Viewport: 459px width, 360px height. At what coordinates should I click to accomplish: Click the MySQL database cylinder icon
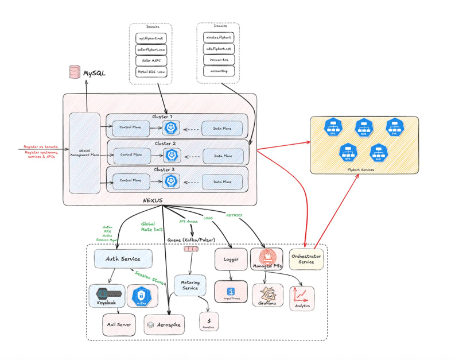point(74,72)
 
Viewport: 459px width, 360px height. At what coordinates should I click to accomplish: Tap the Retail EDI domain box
point(150,71)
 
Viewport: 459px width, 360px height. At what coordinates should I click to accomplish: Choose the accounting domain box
point(219,71)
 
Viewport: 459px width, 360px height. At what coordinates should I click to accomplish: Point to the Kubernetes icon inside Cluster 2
point(170,154)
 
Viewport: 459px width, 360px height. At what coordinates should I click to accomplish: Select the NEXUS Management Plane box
point(84,153)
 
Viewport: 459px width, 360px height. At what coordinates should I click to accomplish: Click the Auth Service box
point(123,258)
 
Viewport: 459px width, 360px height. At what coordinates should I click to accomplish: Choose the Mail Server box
point(118,324)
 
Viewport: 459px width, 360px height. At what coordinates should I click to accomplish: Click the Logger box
point(231,259)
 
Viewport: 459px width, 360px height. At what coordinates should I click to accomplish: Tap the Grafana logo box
point(267,295)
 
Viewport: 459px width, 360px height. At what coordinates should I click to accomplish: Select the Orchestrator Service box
point(306,258)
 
